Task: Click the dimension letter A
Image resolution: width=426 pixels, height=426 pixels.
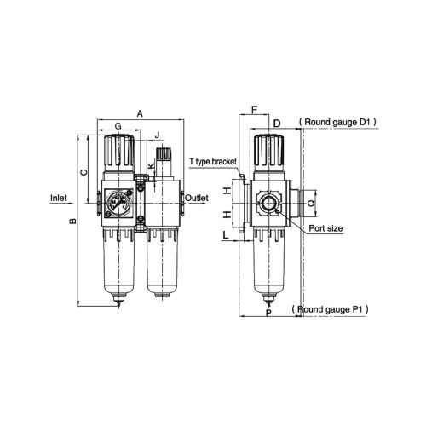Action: pyautogui.click(x=139, y=111)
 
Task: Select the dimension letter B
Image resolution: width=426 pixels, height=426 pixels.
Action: pyautogui.click(x=73, y=222)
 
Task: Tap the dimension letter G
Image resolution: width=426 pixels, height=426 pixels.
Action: pyautogui.click(x=118, y=126)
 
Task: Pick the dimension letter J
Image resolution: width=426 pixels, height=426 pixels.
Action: pyautogui.click(x=157, y=135)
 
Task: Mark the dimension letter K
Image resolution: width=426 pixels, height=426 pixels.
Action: pyautogui.click(x=150, y=160)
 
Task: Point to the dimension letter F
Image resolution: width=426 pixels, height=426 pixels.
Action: pyautogui.click(x=254, y=110)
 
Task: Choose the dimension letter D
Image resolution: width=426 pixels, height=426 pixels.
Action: pyautogui.click(x=277, y=124)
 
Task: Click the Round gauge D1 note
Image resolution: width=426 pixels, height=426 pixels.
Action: pyautogui.click(x=339, y=123)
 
